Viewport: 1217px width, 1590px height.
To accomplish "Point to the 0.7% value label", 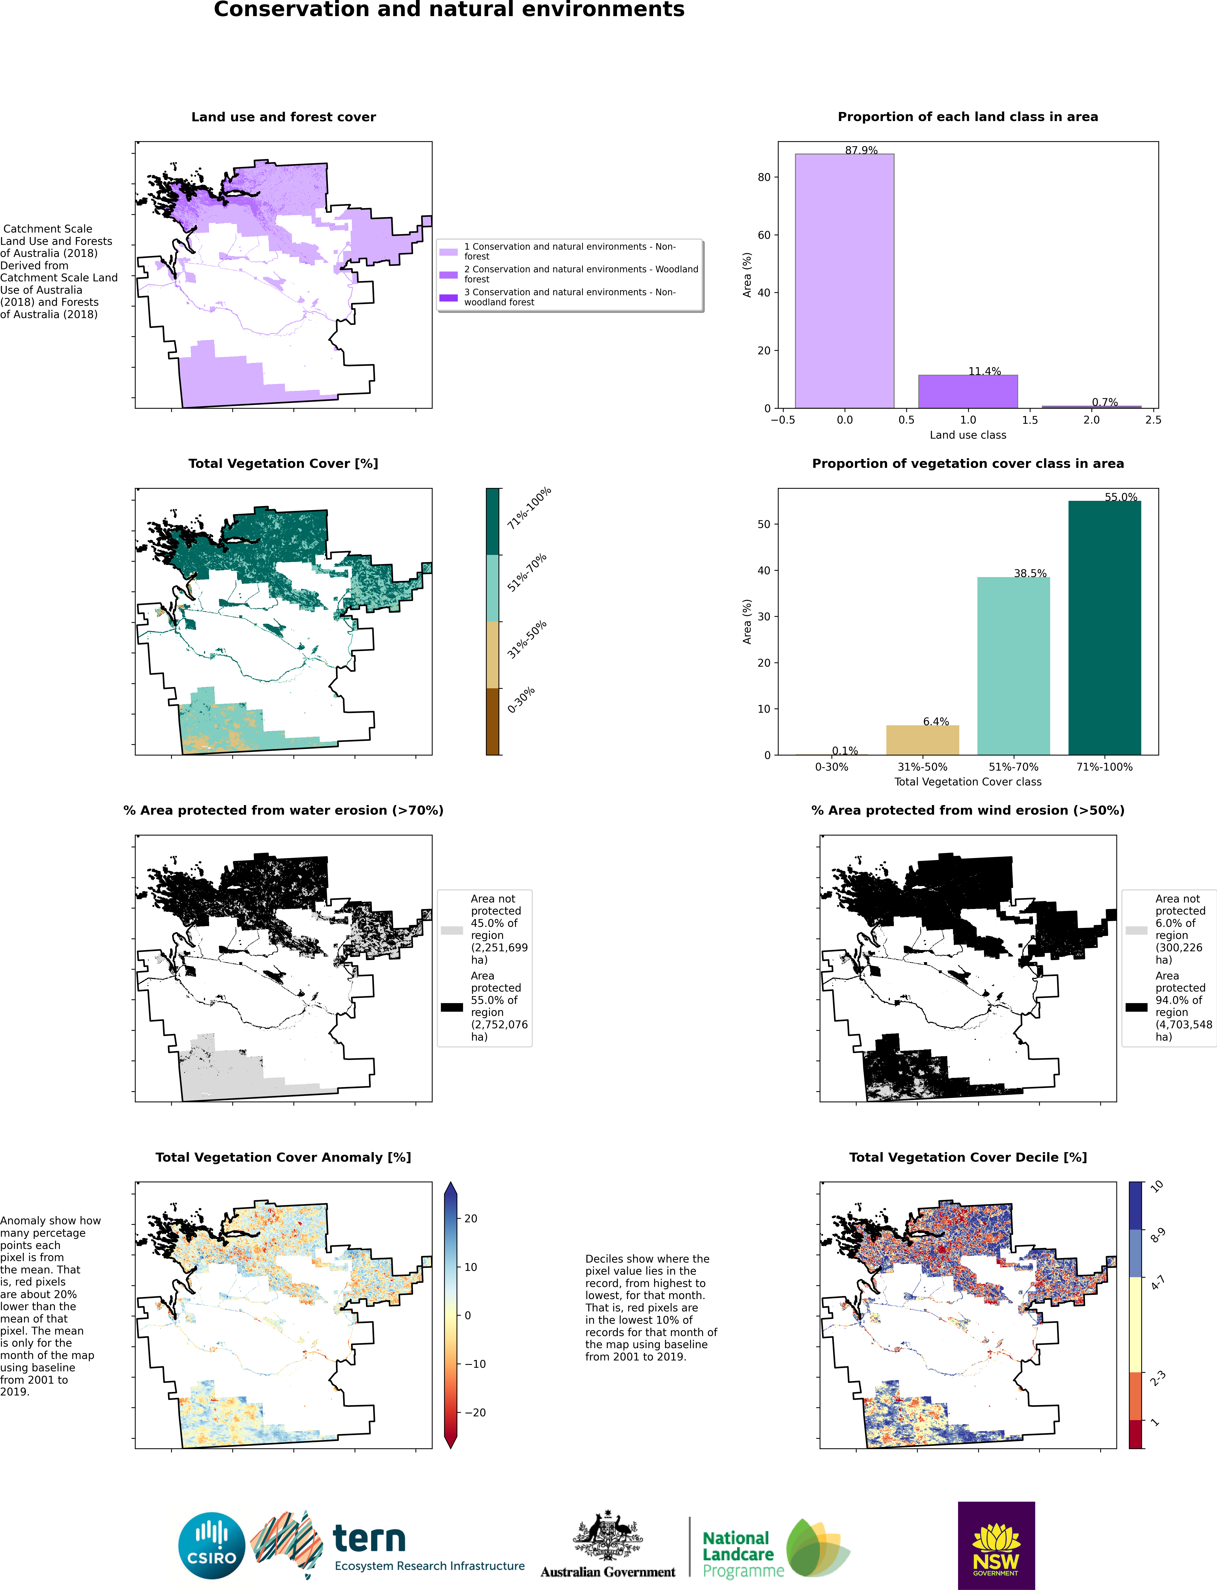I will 1105,402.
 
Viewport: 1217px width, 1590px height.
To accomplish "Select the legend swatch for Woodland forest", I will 448,275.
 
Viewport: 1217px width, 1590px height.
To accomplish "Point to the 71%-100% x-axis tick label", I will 1104,766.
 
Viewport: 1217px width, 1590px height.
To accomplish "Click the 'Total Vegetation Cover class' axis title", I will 968,782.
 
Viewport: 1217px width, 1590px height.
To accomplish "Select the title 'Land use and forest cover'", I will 283,117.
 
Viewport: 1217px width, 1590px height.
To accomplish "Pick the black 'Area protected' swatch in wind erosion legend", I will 1136,1007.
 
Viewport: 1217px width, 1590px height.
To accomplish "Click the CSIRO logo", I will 212,1546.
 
